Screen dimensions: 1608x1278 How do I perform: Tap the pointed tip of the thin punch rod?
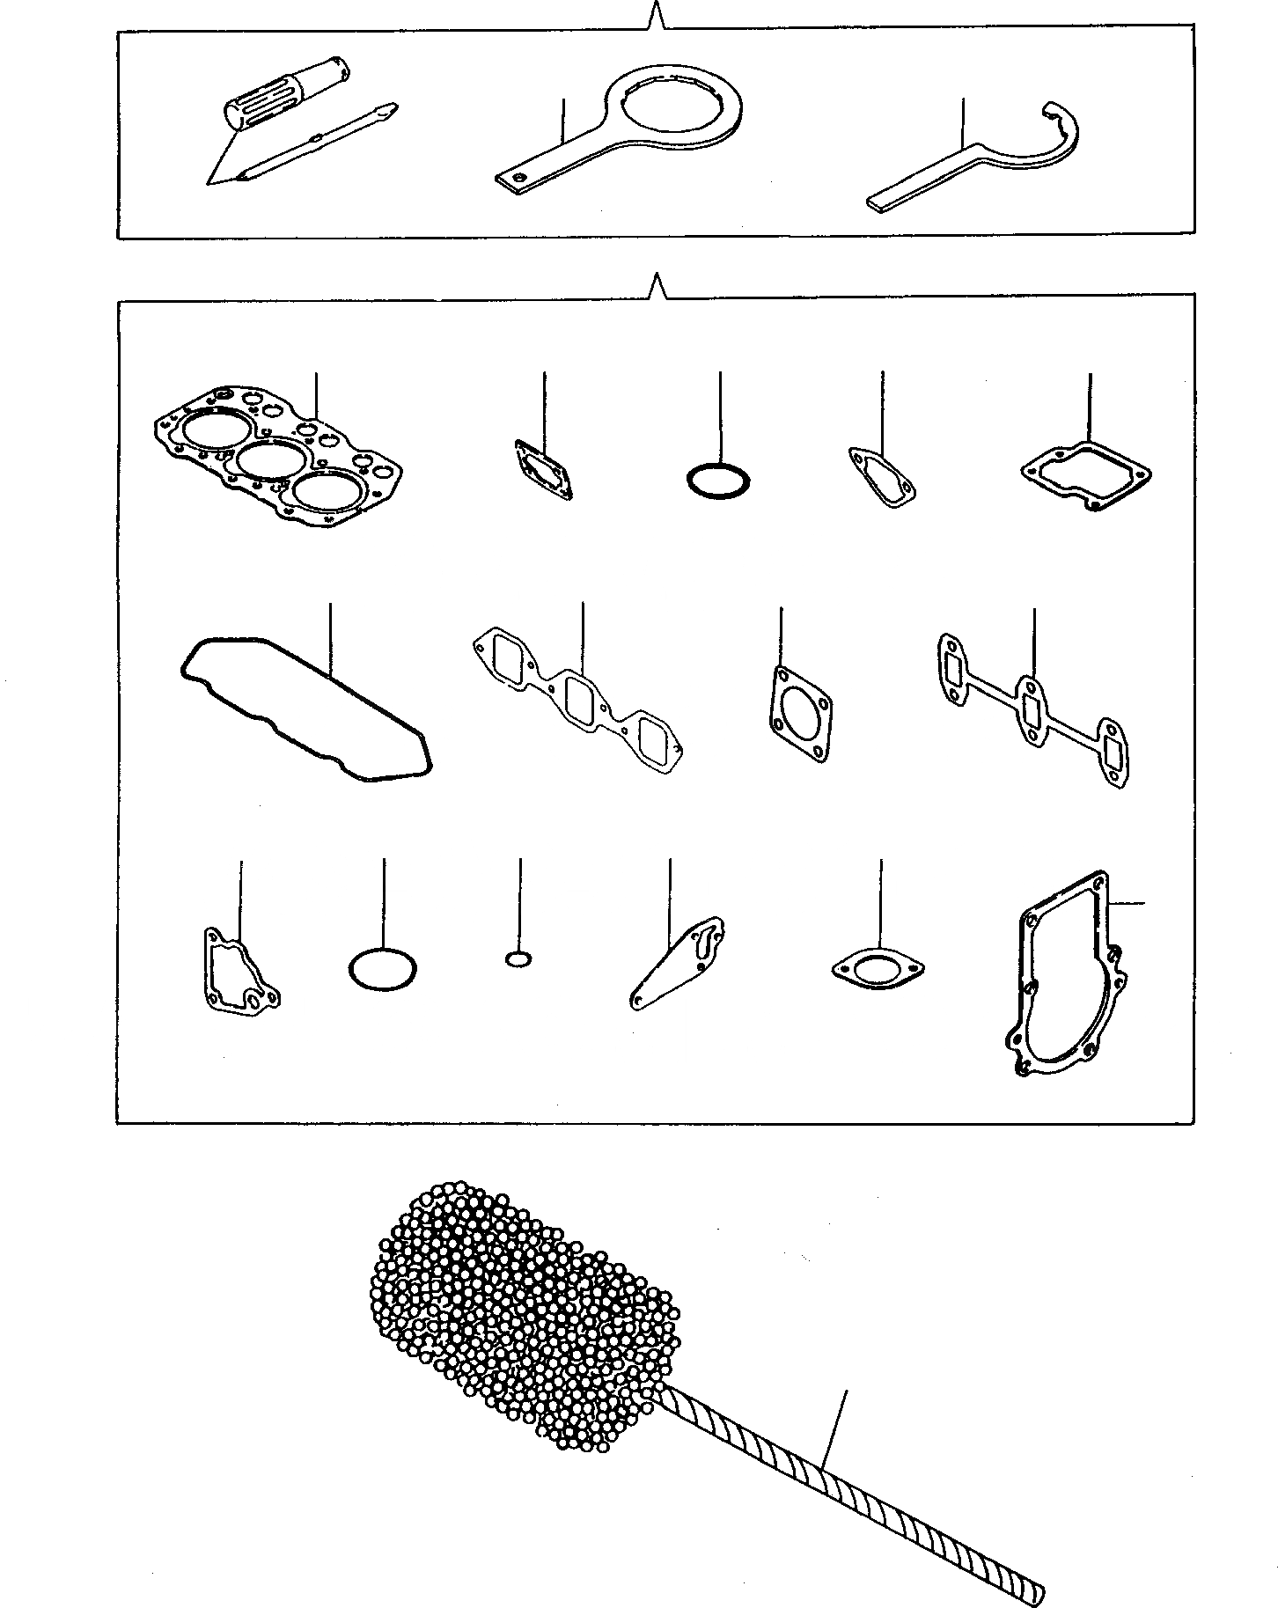pos(393,108)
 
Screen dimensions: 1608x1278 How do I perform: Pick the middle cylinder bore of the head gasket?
pos(266,459)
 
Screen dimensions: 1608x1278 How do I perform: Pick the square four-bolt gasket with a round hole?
pos(799,713)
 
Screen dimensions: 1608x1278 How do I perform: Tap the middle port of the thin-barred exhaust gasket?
pos(1031,709)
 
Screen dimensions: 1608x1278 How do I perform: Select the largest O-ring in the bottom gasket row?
pos(382,969)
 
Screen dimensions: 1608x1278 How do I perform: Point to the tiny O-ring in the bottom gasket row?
pos(518,958)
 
